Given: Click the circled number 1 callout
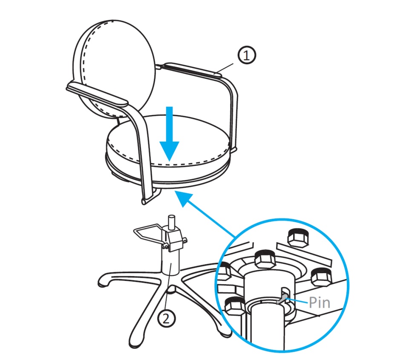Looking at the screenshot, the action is coord(247,55).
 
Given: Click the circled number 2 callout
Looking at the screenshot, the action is coord(167,318).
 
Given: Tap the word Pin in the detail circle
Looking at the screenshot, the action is coord(319,303).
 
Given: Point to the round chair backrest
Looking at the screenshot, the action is coord(114,67).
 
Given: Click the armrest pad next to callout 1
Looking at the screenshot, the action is coord(193,69).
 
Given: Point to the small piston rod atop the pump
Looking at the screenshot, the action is coord(172,222).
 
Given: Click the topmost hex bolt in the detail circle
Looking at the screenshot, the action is coord(298,237).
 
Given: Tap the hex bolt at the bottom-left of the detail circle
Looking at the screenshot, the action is coord(234,306).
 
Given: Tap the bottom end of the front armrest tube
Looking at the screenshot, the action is coord(144,201).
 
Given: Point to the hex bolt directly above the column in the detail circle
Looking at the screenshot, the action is coord(265,259).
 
